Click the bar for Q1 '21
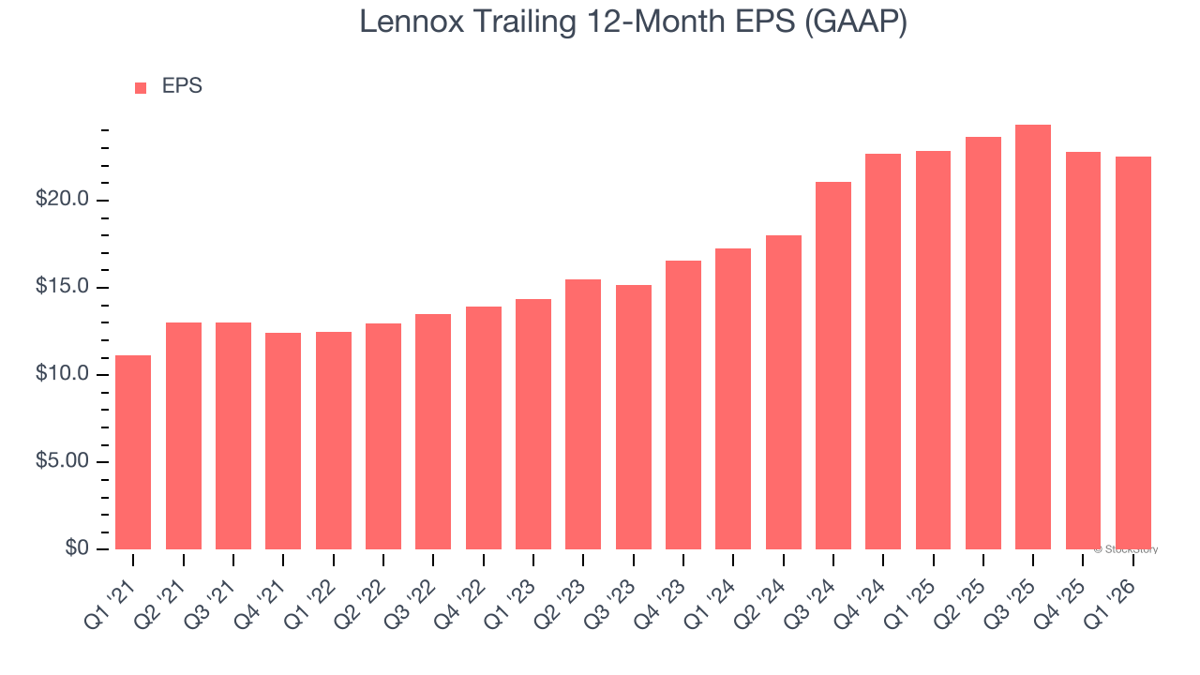click(133, 452)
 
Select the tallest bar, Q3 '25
click(1033, 337)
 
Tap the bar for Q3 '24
click(833, 366)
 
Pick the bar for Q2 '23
click(583, 414)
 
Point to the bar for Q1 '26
click(1133, 352)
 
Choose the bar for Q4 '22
click(483, 427)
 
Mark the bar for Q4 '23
click(683, 405)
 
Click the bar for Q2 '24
click(783, 392)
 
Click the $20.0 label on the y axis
click(62, 200)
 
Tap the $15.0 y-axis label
click(62, 287)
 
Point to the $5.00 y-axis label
click(62, 461)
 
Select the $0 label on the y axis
click(77, 548)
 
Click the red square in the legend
click(141, 88)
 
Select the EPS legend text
click(182, 86)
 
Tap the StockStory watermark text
click(1127, 549)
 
